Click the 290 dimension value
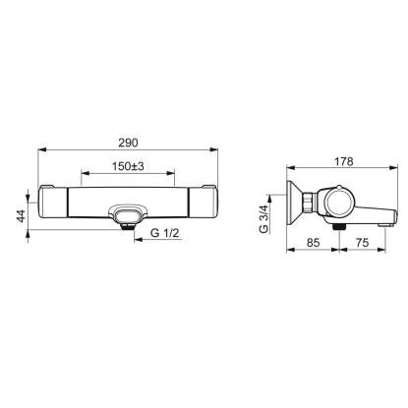(x=128, y=143)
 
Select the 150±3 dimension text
(x=128, y=166)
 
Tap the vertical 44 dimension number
(x=22, y=216)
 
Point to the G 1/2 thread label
(x=165, y=233)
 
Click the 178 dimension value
(x=344, y=161)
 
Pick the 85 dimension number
(x=313, y=243)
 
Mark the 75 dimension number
(x=362, y=243)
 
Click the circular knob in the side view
(x=341, y=203)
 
